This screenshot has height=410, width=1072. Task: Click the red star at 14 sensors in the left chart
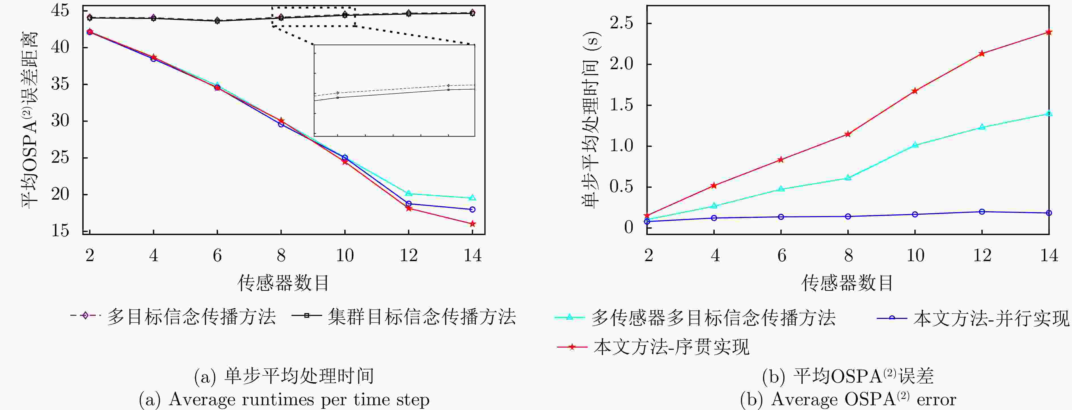[x=472, y=224]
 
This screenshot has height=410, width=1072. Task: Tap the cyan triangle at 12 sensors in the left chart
[x=409, y=193]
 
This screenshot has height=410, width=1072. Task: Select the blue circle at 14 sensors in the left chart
[x=472, y=209]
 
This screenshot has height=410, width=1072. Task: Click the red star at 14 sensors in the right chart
[x=1049, y=32]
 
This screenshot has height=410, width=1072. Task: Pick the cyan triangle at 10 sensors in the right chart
[x=915, y=145]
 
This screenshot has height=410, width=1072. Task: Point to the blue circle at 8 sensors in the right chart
[x=848, y=216]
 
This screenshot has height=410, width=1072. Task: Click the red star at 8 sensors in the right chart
[x=848, y=134]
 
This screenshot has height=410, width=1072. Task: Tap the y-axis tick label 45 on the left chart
[x=60, y=10]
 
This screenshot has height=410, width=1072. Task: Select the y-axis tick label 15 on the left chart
[x=60, y=230]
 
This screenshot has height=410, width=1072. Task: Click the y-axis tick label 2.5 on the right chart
[x=621, y=23]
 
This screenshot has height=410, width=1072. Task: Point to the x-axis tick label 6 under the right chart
[x=782, y=255]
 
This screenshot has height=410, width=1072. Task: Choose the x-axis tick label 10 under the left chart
[x=345, y=255]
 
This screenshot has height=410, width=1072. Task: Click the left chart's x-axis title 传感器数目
[x=283, y=283]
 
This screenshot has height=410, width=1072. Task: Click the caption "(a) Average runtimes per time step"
[x=284, y=400]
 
